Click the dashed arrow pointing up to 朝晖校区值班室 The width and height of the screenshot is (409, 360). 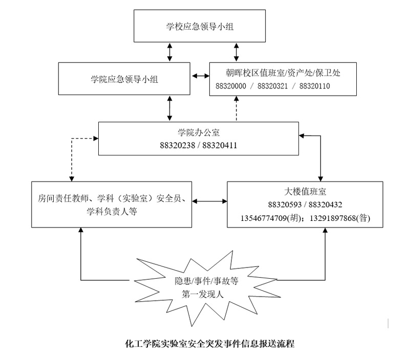point(236,109)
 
